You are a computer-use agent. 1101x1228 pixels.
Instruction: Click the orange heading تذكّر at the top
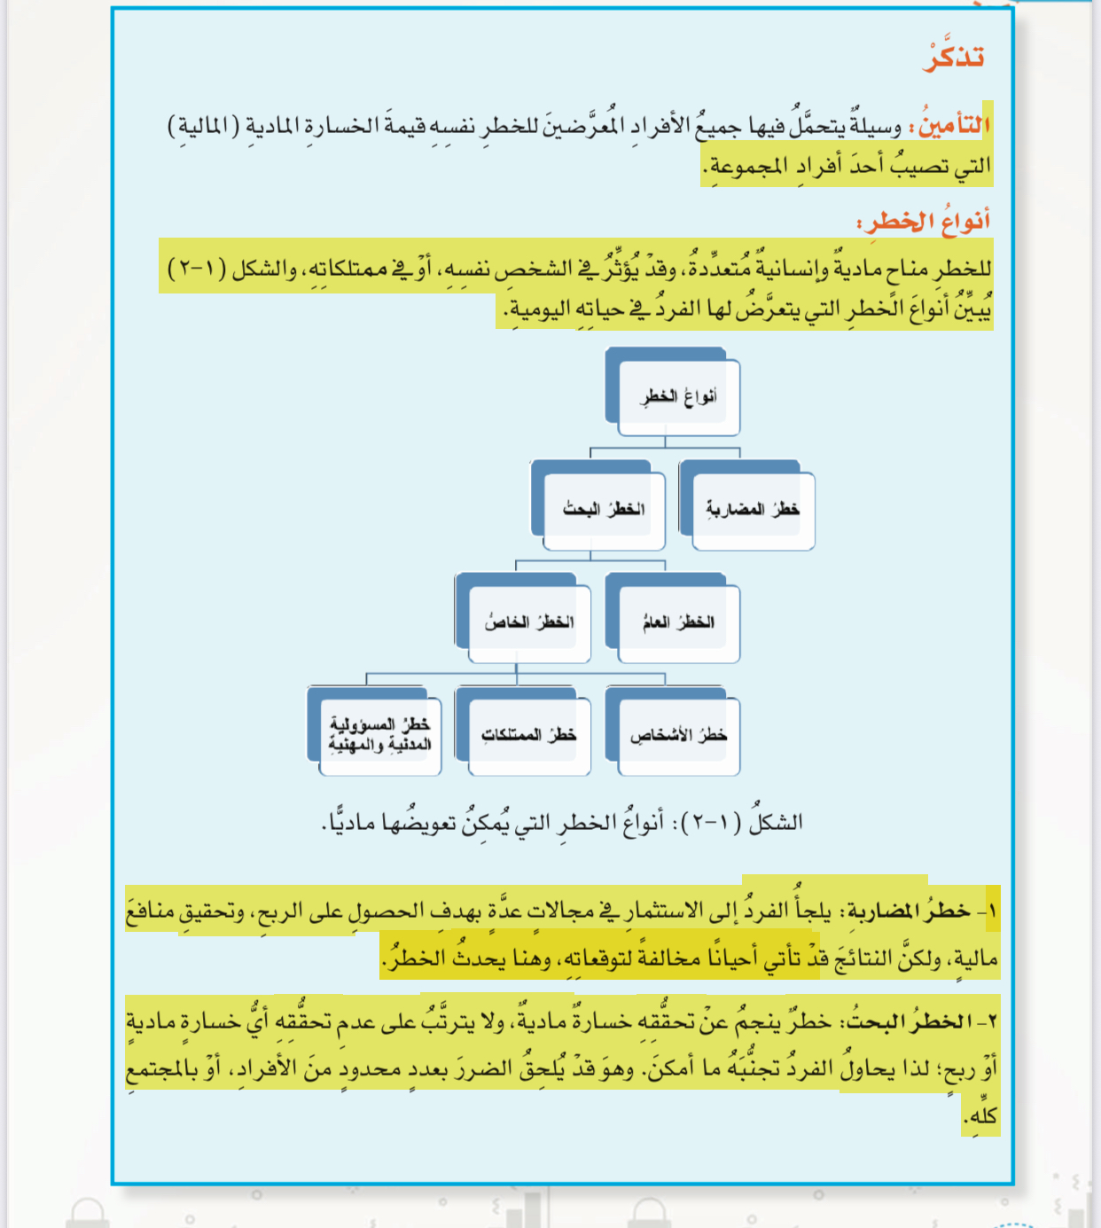click(954, 58)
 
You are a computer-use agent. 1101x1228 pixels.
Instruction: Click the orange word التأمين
click(954, 125)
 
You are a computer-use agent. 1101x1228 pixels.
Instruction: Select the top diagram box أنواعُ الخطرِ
click(679, 396)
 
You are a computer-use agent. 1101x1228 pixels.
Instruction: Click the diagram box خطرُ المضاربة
click(753, 509)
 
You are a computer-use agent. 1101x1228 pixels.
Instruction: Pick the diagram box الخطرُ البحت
click(604, 509)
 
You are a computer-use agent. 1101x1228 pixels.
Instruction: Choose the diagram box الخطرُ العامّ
click(679, 622)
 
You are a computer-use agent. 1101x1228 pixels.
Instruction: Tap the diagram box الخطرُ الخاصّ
click(529, 622)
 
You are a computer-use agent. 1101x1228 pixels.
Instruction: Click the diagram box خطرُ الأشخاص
click(679, 735)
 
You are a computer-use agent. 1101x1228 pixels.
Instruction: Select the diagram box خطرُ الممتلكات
click(529, 735)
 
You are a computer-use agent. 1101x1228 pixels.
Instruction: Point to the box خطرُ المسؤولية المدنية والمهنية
click(379, 735)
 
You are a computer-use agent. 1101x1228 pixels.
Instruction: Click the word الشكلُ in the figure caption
click(777, 822)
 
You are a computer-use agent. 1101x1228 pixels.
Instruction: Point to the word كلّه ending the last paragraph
click(982, 1115)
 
